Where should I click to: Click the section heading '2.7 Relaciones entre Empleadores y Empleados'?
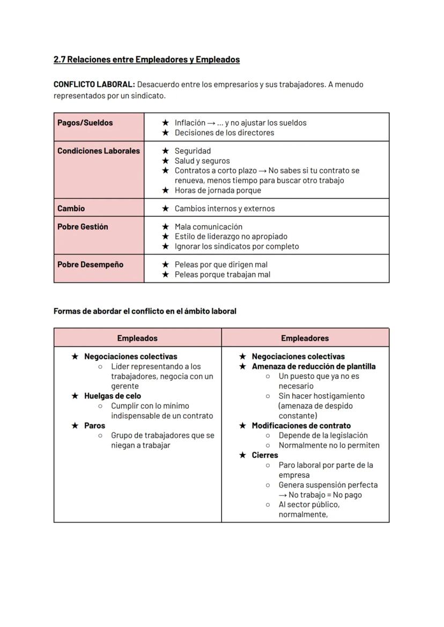[x=146, y=60]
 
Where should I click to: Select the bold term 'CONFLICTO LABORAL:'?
[x=94, y=85]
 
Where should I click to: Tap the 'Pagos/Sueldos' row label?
[x=85, y=123]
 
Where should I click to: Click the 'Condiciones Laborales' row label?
[x=98, y=151]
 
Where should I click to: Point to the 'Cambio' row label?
[x=71, y=209]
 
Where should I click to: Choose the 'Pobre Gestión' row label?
[x=83, y=227]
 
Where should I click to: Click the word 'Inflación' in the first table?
[x=190, y=123]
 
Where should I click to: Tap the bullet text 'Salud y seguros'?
[x=202, y=161]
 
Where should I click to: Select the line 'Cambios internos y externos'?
[x=225, y=209]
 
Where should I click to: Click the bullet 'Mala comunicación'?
[x=209, y=227]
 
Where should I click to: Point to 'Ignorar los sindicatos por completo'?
[x=237, y=247]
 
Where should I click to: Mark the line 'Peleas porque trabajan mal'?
[x=223, y=275]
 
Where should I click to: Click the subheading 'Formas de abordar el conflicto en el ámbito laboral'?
[x=145, y=311]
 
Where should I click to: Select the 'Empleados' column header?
[x=137, y=338]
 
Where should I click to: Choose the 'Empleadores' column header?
[x=305, y=338]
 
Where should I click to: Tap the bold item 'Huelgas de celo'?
[x=113, y=396]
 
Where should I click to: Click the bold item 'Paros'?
[x=95, y=425]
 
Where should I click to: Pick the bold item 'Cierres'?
[x=265, y=455]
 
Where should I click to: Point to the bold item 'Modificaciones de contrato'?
[x=301, y=425]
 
